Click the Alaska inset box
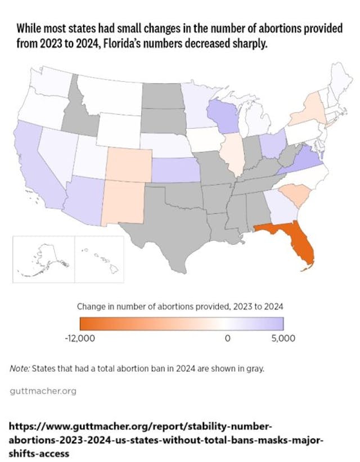coord(43,259)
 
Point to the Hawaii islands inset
coord(99,259)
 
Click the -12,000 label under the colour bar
coord(96,338)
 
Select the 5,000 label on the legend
coord(279,338)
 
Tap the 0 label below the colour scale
coord(228,338)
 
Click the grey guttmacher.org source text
coord(43,391)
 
